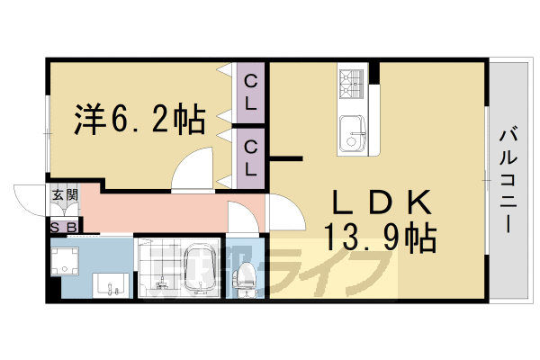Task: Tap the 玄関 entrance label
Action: point(64,193)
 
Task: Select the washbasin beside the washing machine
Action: point(112,284)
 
